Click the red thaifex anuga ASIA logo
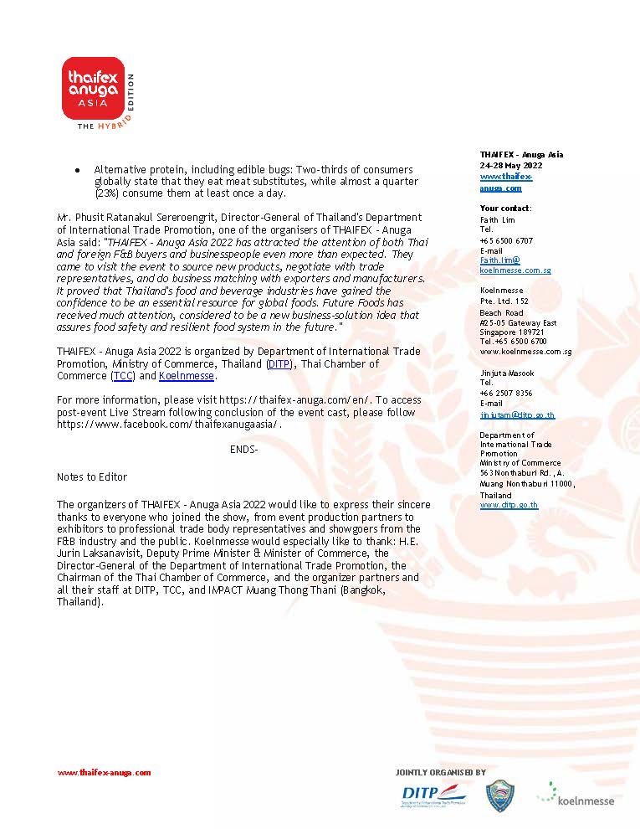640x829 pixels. pyautogui.click(x=95, y=89)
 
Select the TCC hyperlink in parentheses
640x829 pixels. pyautogui.click(x=123, y=376)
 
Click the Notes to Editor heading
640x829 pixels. pyautogui.click(x=92, y=476)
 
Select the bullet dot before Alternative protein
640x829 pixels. pyautogui.click(x=77, y=170)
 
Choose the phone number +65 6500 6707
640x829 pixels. pyautogui.click(x=506, y=240)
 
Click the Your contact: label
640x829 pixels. pyautogui.click(x=505, y=208)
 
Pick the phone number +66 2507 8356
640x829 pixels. pyautogui.click(x=506, y=393)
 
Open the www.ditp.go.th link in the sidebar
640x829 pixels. pyautogui.click(x=509, y=505)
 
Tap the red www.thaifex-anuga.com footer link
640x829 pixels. pyautogui.click(x=104, y=773)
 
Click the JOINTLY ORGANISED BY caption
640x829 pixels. pyautogui.click(x=440, y=772)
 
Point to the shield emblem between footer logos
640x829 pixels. pyautogui.click(x=500, y=796)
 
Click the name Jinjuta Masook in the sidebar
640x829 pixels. pyautogui.click(x=507, y=373)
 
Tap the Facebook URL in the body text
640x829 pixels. pyautogui.click(x=169, y=425)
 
